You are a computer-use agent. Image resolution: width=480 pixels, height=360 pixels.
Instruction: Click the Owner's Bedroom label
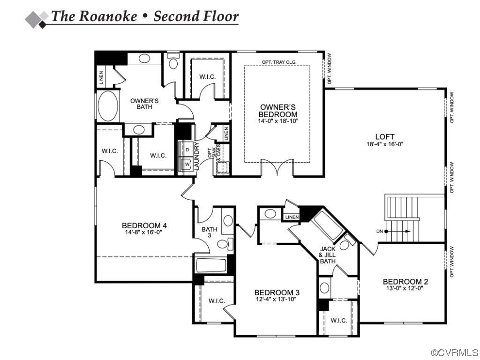pyautogui.click(x=278, y=111)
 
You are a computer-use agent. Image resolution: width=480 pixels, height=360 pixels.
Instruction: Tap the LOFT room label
pyautogui.click(x=385, y=137)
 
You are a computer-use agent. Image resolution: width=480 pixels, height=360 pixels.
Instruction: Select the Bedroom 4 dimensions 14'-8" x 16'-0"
pyautogui.click(x=144, y=232)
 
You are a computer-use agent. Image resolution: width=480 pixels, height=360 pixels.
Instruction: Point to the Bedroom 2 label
pyautogui.click(x=405, y=282)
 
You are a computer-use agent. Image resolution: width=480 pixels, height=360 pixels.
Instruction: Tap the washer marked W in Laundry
pyautogui.click(x=187, y=165)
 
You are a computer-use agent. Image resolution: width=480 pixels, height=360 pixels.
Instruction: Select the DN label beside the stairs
pyautogui.click(x=380, y=231)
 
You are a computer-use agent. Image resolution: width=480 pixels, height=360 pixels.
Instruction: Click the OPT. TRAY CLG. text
pyautogui.click(x=279, y=62)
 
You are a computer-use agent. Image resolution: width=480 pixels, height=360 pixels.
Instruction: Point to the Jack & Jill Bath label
pyautogui.click(x=327, y=255)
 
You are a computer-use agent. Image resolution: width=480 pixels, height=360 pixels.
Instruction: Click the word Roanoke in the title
pyautogui.click(x=107, y=16)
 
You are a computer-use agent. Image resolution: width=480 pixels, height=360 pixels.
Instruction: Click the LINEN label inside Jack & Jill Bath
pyautogui.click(x=292, y=217)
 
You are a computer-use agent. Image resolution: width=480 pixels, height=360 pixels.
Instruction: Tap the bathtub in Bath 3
pyautogui.click(x=211, y=266)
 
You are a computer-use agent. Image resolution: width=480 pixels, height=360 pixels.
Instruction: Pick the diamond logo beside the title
pyautogui.click(x=37, y=17)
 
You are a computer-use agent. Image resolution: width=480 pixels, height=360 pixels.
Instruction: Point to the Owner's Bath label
pyautogui.click(x=144, y=104)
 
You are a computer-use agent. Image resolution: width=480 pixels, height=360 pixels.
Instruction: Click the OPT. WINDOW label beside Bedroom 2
pyautogui.click(x=452, y=262)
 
